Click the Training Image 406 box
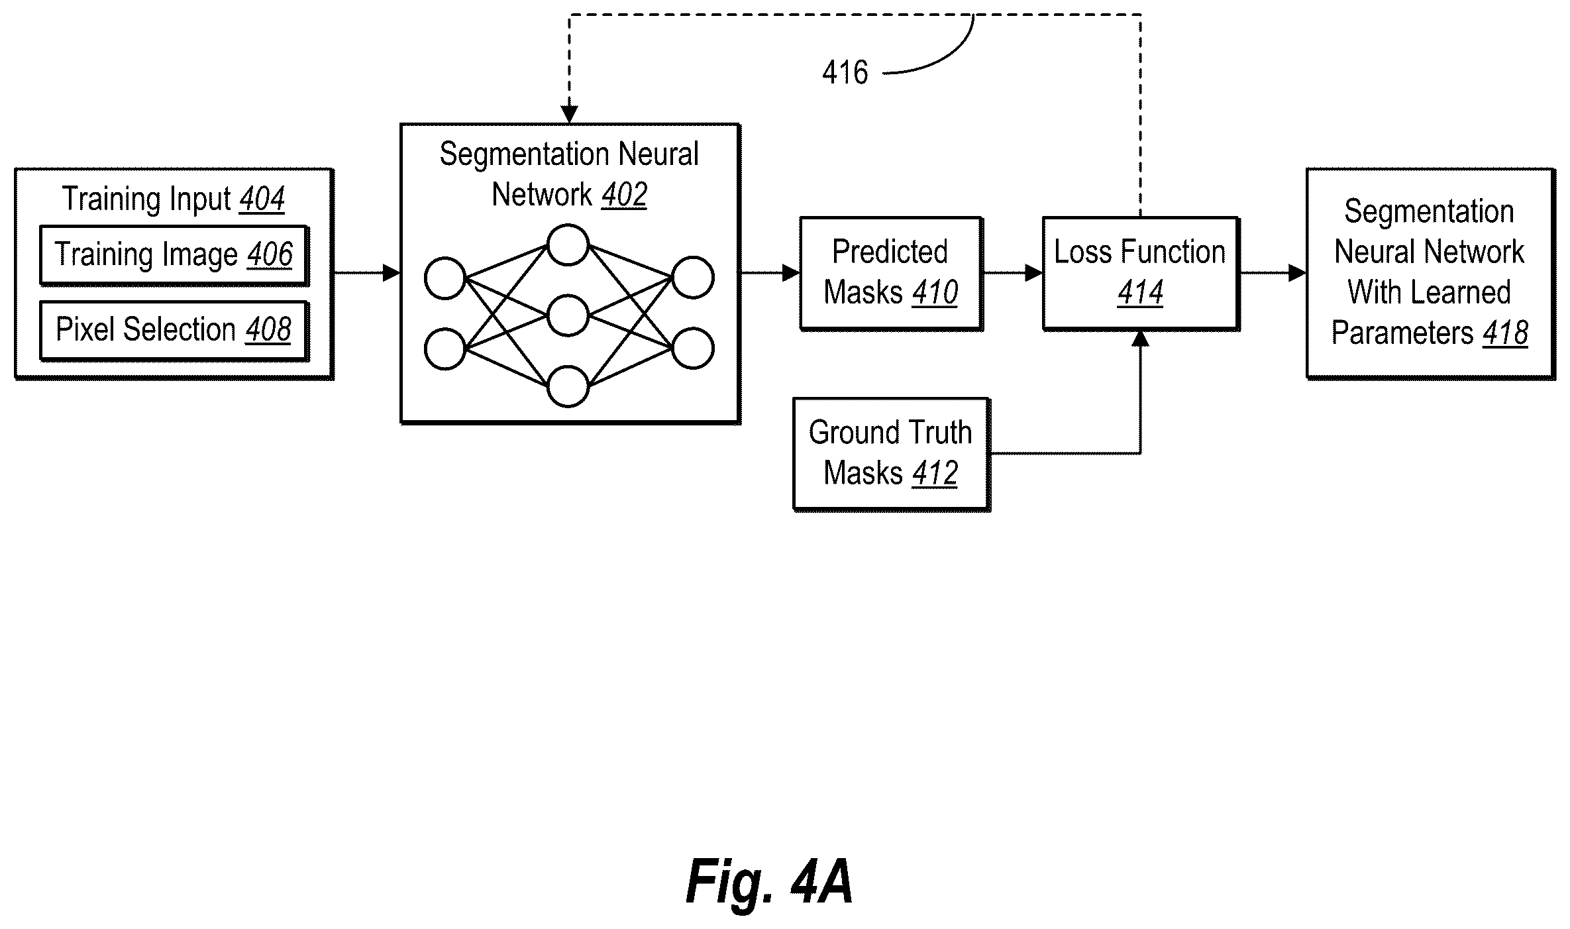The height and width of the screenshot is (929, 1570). (x=174, y=256)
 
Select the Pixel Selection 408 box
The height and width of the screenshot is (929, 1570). (x=174, y=331)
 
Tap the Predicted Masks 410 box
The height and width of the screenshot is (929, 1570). (x=891, y=273)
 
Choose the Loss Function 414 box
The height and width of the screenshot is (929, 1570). (x=1141, y=273)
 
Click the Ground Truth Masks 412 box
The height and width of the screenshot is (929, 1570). (x=892, y=454)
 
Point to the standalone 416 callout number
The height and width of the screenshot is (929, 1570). (x=845, y=72)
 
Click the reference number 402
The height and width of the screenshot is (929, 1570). (x=624, y=195)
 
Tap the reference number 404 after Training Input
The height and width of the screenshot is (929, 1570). (x=262, y=199)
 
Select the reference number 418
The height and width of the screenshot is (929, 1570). (x=1505, y=333)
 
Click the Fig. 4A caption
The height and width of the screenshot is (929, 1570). (x=769, y=881)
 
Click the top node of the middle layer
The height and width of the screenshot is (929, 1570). (x=568, y=245)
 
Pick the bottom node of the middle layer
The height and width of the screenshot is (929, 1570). (x=568, y=386)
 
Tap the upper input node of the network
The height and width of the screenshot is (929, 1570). (x=445, y=278)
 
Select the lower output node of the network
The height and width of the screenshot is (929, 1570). (x=693, y=348)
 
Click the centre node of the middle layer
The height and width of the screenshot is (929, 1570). (x=568, y=315)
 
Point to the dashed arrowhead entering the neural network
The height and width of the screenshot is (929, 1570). (x=570, y=115)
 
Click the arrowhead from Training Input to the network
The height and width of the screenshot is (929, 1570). (x=392, y=272)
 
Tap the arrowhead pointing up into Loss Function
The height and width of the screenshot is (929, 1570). (x=1140, y=339)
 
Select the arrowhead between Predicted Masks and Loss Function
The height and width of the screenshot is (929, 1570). (x=1033, y=272)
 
